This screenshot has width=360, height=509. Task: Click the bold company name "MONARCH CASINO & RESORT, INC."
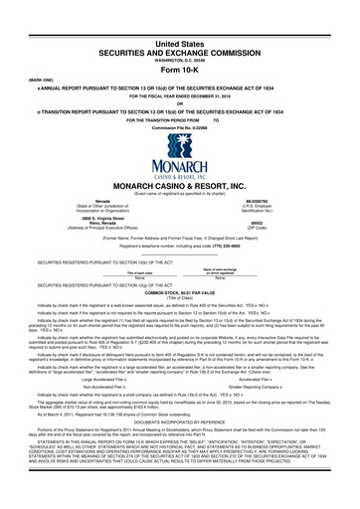coord(179,185)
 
